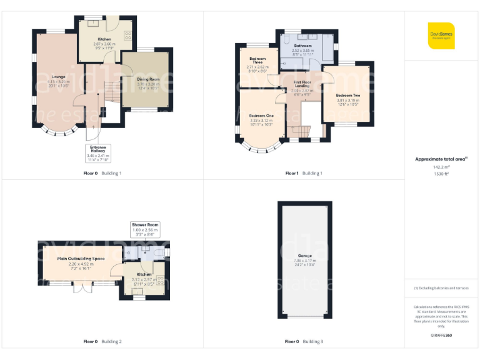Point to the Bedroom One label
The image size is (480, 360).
coord(261,116)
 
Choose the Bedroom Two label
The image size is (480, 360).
coord(347,96)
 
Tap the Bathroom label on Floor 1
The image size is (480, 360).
coord(302,46)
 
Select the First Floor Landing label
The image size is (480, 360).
coord(302,84)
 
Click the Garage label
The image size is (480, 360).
coord(305,256)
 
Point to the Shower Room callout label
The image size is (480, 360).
coord(145,224)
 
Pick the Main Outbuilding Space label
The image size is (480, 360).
coord(81,259)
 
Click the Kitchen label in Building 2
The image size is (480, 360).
coord(144,274)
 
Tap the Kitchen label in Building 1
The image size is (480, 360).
coord(104,39)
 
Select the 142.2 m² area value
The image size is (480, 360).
coord(441,167)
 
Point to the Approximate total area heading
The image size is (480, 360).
coord(441,159)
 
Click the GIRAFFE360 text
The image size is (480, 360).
coord(441,336)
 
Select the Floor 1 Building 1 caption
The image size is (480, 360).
coord(304,173)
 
